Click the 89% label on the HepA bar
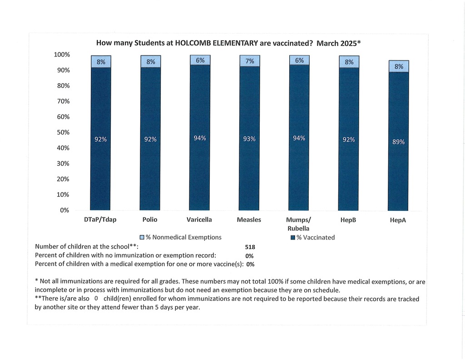coord(398,142)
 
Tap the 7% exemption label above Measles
coord(249,61)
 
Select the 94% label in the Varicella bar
coord(200,138)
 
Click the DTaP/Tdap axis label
coord(100,220)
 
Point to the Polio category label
coord(150,220)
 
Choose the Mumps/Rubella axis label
coord(298,224)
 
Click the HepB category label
coord(348,220)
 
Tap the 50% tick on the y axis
coord(62,132)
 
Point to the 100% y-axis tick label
coord(62,55)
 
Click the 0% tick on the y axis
coord(64,210)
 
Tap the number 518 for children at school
coord(250,247)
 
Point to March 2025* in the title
coord(338,44)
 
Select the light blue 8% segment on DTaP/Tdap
coord(101,62)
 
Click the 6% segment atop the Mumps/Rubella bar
coord(299,60)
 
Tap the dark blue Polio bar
coord(151,173)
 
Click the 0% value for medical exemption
coord(250,265)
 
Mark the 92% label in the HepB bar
coord(349,140)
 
